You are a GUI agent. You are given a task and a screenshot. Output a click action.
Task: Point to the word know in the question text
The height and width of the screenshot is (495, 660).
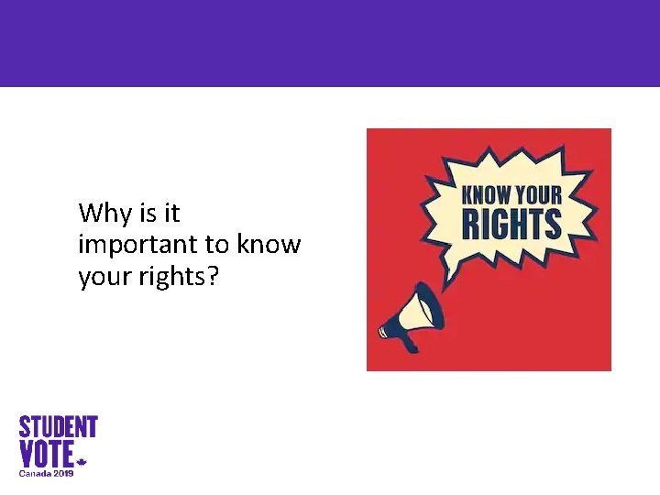tap(269, 245)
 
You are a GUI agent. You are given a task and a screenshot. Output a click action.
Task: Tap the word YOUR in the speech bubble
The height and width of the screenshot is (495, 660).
tap(543, 194)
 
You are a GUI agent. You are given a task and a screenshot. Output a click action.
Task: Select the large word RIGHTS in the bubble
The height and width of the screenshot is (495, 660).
tap(512, 224)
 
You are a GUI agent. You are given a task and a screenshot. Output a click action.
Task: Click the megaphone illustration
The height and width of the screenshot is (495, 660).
tap(412, 316)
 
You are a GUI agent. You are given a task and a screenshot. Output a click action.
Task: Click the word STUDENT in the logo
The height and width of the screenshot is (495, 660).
tap(59, 427)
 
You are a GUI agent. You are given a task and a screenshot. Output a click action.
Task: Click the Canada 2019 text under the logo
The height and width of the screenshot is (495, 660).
tap(47, 473)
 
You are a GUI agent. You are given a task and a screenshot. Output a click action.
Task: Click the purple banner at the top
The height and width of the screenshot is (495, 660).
tap(330, 43)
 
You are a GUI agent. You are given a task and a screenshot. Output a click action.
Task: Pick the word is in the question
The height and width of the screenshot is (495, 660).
tap(148, 214)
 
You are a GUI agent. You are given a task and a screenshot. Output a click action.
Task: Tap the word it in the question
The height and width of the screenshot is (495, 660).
tap(172, 214)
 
